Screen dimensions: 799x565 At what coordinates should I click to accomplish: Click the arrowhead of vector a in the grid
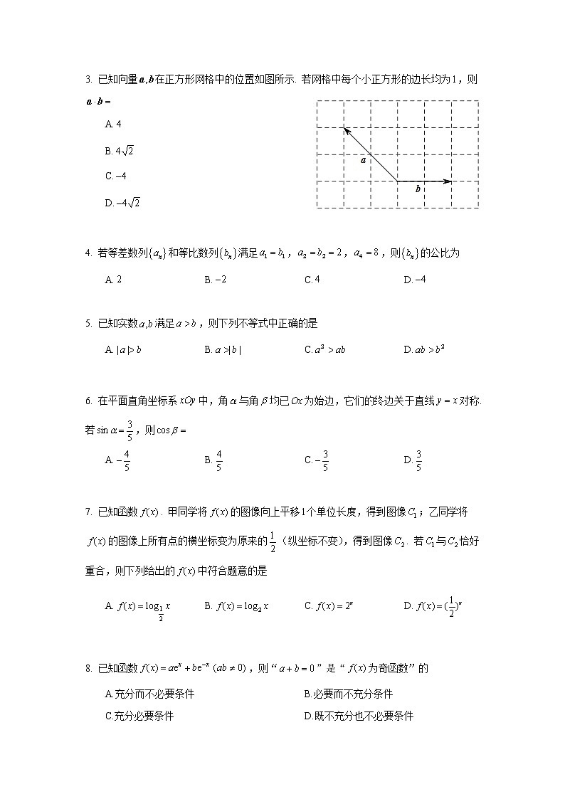tap(345, 129)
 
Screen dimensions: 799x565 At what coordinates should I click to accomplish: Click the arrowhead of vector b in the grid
tap(448, 181)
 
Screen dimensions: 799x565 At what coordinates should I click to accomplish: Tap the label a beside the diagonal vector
tap(363, 161)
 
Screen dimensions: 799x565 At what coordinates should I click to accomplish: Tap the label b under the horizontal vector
tap(418, 190)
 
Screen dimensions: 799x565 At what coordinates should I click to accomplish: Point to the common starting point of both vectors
tap(397, 181)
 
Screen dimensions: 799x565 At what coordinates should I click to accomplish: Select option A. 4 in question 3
tap(113, 125)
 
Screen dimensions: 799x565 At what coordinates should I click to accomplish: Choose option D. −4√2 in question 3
tap(122, 203)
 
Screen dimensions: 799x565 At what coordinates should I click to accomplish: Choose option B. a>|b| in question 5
tap(223, 349)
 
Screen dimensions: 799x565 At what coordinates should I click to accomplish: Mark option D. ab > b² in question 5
tap(423, 349)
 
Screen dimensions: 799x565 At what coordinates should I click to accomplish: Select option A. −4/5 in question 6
tap(117, 460)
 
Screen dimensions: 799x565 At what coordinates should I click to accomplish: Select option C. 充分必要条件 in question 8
tap(139, 716)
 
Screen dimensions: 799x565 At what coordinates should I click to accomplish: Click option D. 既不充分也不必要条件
tap(359, 716)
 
